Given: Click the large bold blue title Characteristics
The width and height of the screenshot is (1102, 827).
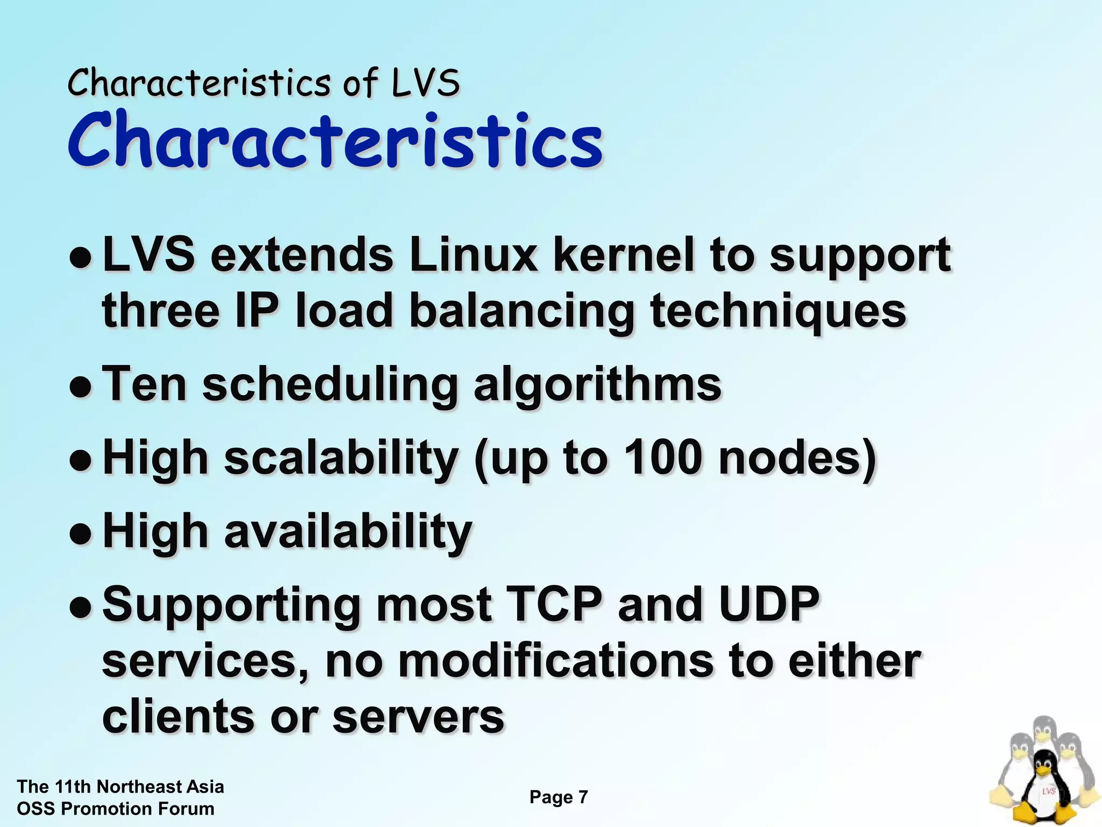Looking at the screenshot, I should coord(335,141).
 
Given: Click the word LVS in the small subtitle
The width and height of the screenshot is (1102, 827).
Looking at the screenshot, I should coord(425,83).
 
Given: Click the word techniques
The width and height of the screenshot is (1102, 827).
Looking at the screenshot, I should coord(778,312).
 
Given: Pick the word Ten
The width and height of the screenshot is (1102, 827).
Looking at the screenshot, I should coord(144,384).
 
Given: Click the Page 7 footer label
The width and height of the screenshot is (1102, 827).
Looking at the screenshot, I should coord(559,797).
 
